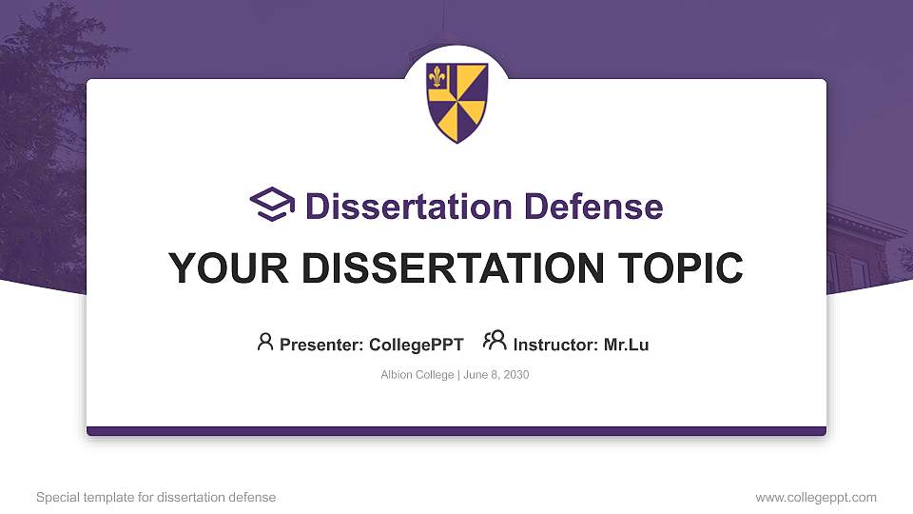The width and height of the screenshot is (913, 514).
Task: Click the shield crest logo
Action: [x=456, y=102]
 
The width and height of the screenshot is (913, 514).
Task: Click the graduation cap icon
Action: [x=273, y=205]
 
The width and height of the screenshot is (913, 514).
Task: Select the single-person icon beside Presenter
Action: [x=265, y=342]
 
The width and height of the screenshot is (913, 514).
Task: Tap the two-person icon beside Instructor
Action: [x=495, y=341]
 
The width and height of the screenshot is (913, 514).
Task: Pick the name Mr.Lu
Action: [x=626, y=345]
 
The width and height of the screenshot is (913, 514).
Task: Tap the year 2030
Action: [x=515, y=375]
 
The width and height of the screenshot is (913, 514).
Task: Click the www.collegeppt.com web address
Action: [x=816, y=497]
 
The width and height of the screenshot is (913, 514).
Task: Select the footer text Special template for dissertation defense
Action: [x=156, y=497]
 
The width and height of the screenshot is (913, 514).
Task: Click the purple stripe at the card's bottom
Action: [x=456, y=431]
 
